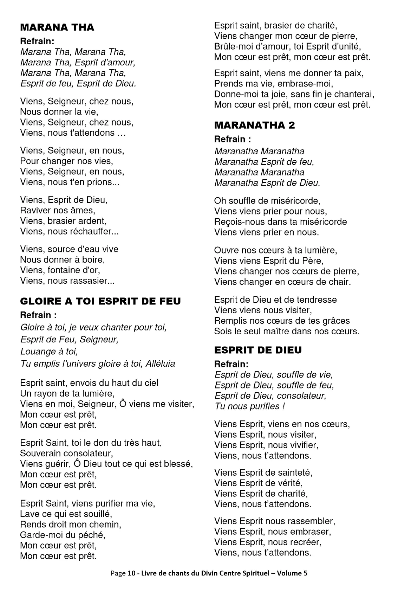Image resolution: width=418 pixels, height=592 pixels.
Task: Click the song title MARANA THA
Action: (x=57, y=27)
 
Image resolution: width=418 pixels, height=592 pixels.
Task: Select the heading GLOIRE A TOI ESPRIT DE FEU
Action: (x=100, y=301)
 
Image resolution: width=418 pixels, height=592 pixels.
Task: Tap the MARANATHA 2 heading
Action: (x=255, y=125)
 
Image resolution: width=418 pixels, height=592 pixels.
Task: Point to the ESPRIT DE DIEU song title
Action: (x=258, y=350)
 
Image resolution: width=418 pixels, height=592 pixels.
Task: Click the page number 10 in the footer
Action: (x=131, y=573)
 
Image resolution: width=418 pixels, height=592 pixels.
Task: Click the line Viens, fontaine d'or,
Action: (x=60, y=270)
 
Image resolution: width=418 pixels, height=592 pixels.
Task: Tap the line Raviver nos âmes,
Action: (x=58, y=211)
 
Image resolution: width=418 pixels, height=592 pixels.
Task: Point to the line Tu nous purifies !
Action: (x=249, y=406)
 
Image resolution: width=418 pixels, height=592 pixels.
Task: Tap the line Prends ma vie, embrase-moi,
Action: (x=274, y=84)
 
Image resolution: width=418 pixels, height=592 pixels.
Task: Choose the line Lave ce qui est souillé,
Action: (x=66, y=514)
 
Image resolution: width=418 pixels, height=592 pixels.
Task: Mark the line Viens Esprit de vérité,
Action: (x=259, y=483)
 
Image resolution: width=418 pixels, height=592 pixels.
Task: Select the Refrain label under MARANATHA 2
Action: (x=233, y=139)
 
